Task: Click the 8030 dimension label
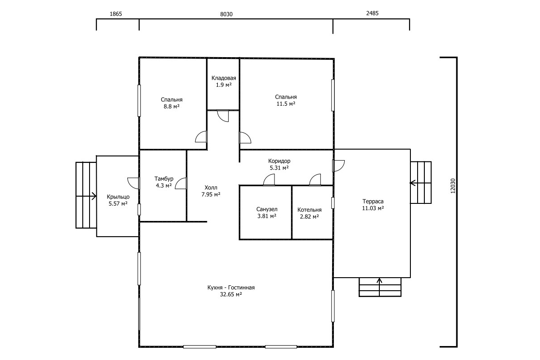226,14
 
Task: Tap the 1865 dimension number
116,14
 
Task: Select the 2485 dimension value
372,13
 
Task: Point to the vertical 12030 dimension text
453,186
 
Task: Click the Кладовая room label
224,78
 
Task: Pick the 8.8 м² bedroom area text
171,106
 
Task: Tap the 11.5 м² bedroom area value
286,103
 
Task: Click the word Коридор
279,161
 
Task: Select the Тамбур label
164,179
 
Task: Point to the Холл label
211,187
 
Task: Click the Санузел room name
266,209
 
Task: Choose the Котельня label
309,210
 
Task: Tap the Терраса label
373,201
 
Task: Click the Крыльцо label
118,197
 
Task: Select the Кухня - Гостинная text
231,288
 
